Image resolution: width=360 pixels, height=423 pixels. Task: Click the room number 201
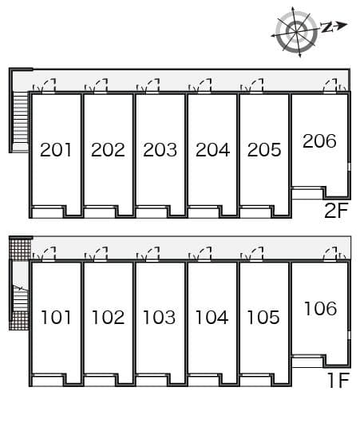point(56,149)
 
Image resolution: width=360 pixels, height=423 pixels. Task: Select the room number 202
point(108,149)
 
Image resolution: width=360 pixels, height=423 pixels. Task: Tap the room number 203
point(160,149)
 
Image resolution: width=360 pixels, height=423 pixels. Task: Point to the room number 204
point(212,149)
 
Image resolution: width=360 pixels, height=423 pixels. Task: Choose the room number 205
point(263,149)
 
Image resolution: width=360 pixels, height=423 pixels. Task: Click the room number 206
point(319,141)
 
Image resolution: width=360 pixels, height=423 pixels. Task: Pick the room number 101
point(56,318)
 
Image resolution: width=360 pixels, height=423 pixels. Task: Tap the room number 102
point(108,318)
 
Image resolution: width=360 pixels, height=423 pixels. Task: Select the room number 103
point(160,318)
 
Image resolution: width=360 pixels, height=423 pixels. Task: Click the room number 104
point(212,318)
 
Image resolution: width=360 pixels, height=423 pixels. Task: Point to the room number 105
point(263,318)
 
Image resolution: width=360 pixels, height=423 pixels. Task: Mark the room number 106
point(319,308)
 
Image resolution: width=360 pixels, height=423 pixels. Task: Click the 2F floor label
point(337,211)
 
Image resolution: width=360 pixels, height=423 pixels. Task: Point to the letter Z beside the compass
point(327,28)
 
